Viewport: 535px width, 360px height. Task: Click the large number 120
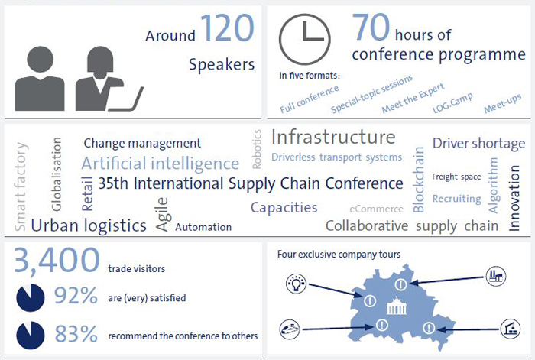227,28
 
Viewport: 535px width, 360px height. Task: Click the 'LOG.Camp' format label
452,102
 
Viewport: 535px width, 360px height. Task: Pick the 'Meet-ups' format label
503,103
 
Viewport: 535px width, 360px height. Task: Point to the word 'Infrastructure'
333,137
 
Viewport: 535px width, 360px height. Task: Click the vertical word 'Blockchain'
418,180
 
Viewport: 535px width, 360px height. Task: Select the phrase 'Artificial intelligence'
160,163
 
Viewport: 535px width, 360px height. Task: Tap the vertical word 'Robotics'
257,149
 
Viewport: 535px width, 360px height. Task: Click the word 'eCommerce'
376,209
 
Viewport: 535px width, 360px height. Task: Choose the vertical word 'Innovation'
514,198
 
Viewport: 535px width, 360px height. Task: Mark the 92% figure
76,296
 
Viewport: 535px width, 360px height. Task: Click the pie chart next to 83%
30,335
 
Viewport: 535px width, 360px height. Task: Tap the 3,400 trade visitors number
57,261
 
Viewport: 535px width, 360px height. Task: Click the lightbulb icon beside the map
297,284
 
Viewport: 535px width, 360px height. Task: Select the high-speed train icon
290,329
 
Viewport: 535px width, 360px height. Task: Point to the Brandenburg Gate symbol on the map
397,306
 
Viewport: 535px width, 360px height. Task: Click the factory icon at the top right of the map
496,276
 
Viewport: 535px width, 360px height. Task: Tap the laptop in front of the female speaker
126,99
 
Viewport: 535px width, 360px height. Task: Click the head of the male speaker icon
41,60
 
